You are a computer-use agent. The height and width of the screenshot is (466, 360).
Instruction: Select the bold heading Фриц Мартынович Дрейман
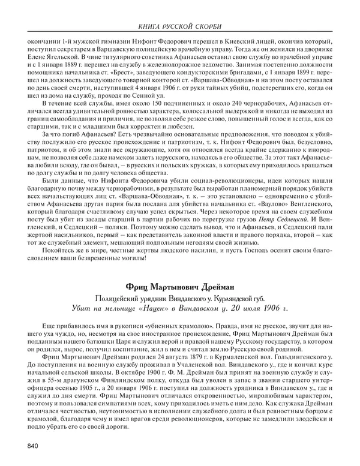pos(179,287)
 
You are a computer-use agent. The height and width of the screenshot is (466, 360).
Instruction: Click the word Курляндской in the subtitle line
pos(231,299)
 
